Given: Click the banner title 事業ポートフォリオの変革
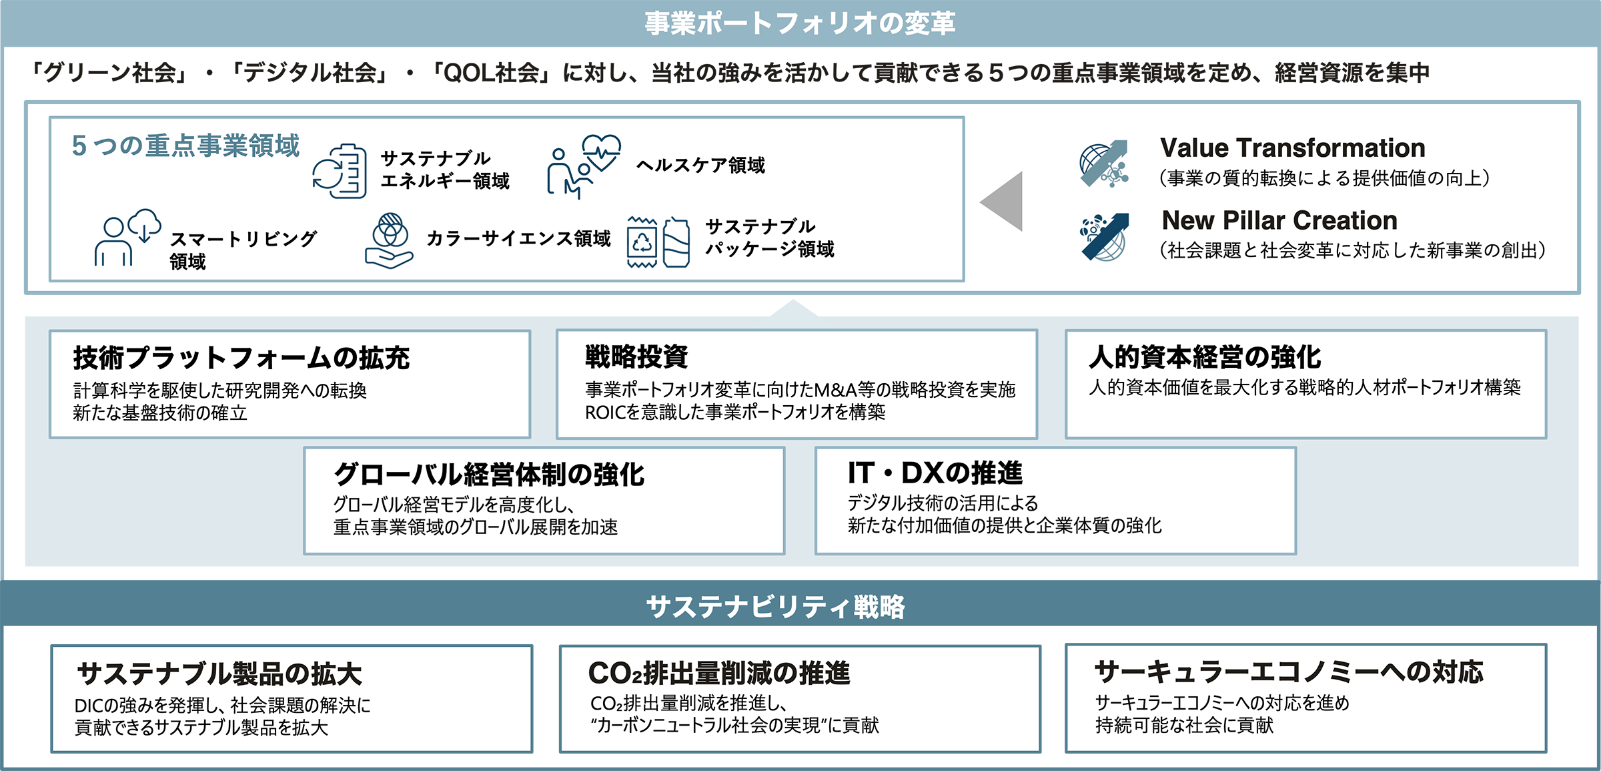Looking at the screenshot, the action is pos(800,23).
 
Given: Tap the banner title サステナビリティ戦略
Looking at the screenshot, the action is pos(775,606).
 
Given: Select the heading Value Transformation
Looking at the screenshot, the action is pos(1292,148).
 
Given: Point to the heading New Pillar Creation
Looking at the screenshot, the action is pos(1279,220).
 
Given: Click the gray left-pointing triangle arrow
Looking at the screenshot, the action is pos(1003,201).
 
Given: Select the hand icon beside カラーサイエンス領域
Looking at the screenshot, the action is pos(389,241).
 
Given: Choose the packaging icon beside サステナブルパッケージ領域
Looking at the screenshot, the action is pos(658,242).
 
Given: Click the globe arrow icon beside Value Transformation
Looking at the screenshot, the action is pos(1104,164).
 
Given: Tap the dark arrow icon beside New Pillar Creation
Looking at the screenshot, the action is pos(1104,236).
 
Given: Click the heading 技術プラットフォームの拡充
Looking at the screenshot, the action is pos(241,358).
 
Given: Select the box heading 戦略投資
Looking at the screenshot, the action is pos(636,356).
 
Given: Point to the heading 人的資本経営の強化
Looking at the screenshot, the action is pos(1204,357).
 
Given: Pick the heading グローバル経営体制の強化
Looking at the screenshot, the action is pos(488,474).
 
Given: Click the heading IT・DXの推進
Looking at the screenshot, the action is pos(935,473).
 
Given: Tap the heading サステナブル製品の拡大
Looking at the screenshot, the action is pos(219,674).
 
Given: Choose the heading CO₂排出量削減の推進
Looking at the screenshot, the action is pos(718,673).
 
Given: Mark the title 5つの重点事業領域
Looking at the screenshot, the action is pos(185,146).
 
